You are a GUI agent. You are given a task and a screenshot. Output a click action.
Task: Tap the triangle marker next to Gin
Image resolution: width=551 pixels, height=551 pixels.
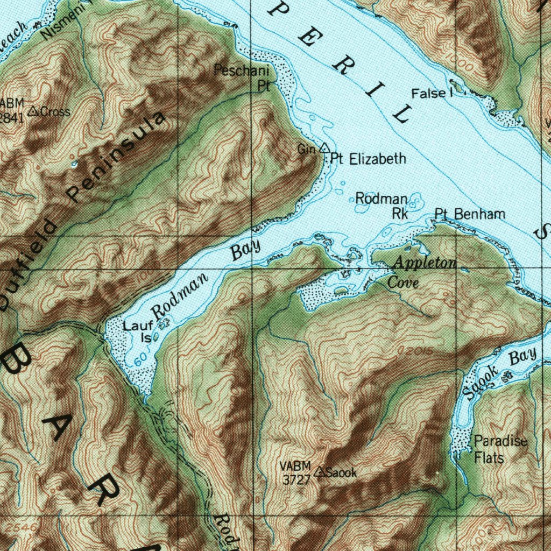click(324, 147)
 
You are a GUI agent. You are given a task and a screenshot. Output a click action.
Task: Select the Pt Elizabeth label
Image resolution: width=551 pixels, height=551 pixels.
click(368, 159)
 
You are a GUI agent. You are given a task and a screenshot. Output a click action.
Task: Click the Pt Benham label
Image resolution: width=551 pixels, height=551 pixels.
click(470, 214)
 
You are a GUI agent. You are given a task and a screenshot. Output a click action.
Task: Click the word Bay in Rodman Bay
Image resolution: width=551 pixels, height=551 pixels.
click(245, 249)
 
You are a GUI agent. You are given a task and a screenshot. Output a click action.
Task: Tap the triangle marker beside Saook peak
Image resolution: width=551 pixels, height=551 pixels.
click(320, 472)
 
